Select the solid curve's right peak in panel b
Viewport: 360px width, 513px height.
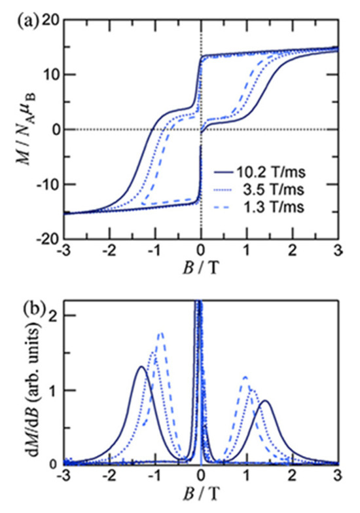click(x=264, y=402)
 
